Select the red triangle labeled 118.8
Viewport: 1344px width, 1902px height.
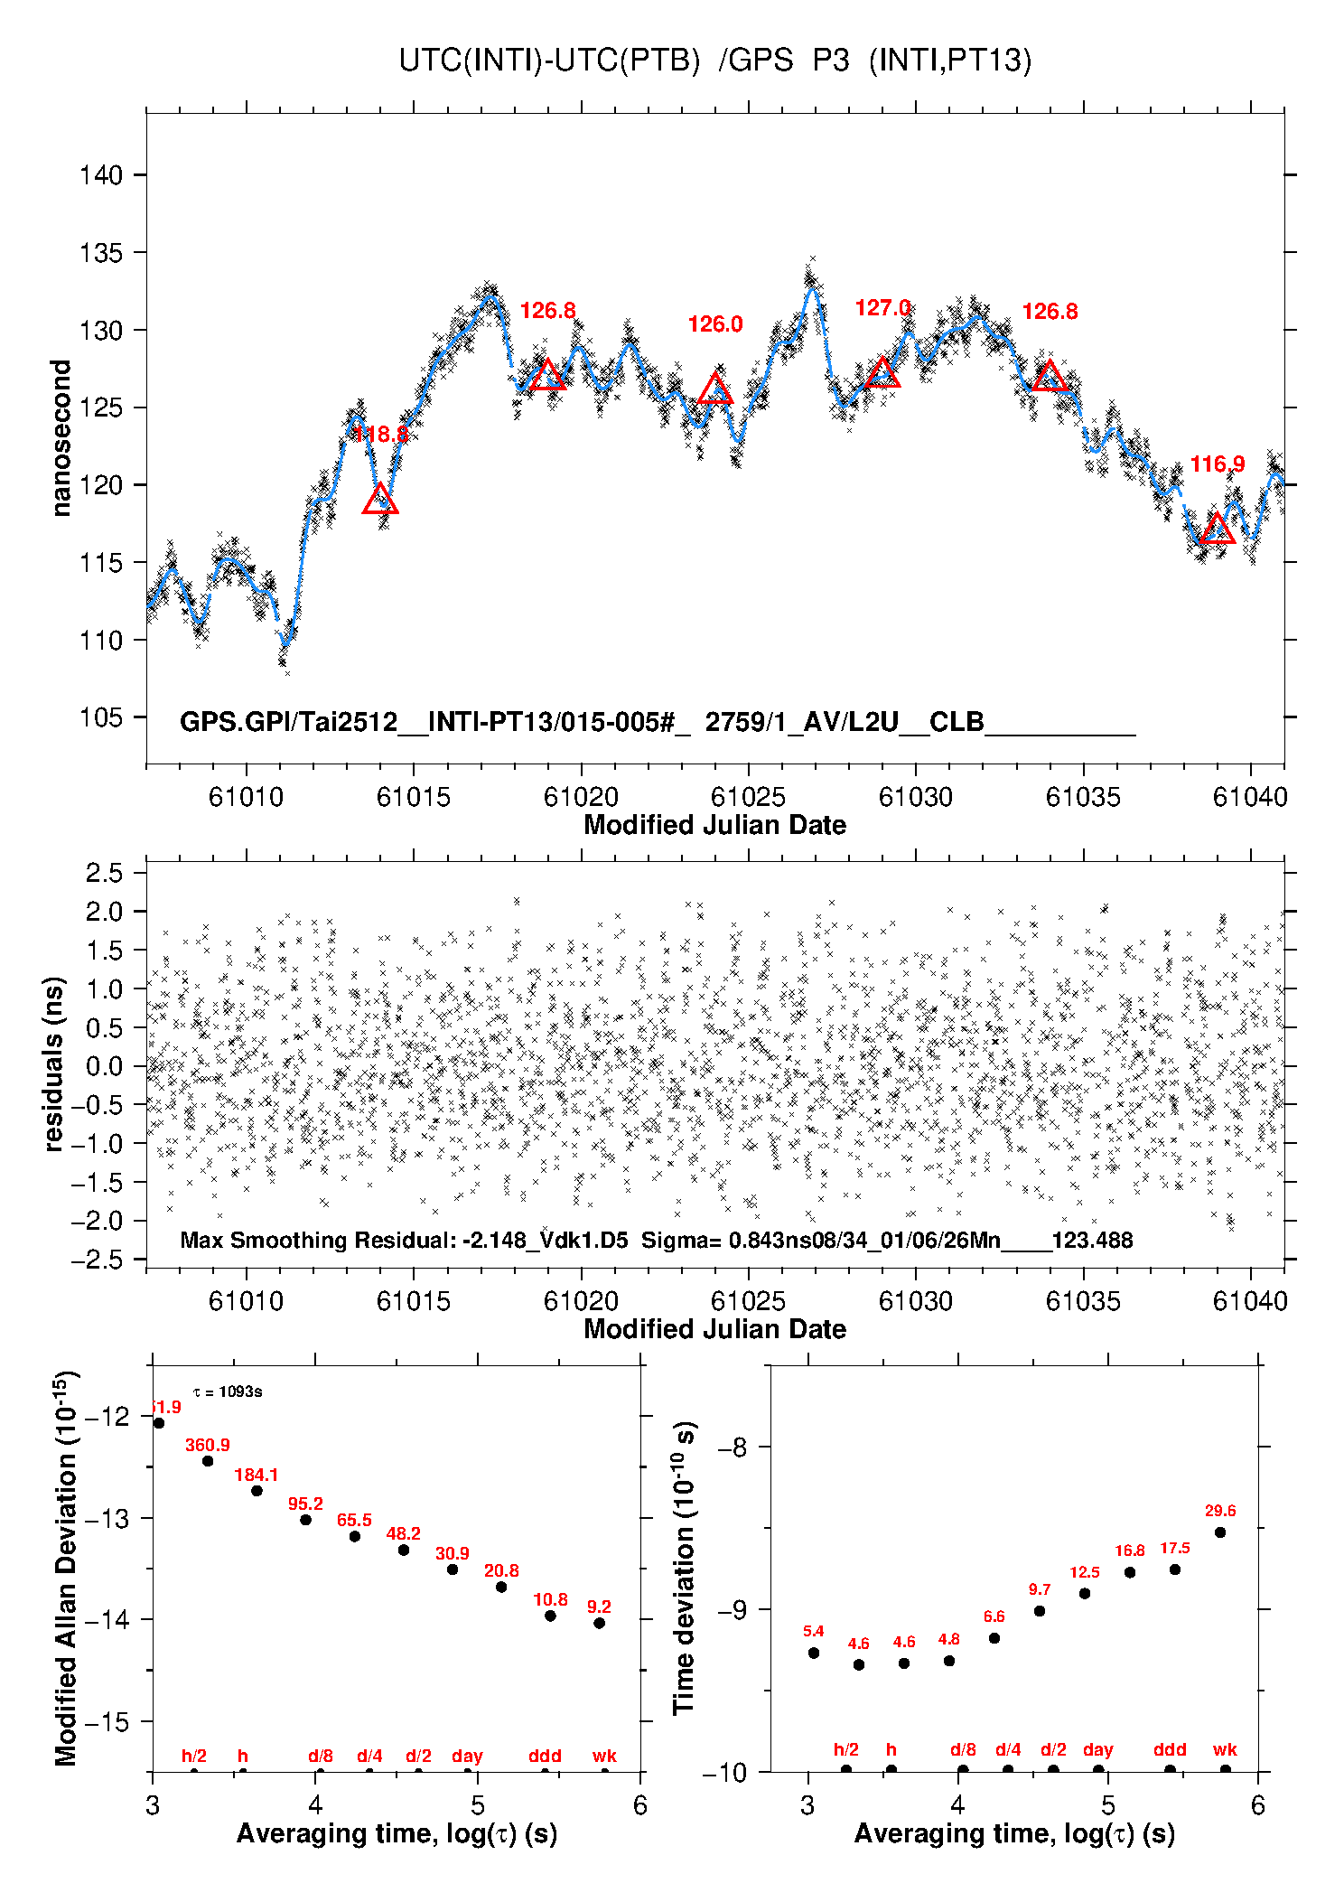point(380,500)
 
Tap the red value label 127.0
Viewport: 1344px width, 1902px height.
point(882,308)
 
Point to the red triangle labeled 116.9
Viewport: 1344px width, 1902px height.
point(1218,529)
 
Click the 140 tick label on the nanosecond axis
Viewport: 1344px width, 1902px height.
point(100,175)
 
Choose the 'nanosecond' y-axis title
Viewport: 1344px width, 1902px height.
point(61,438)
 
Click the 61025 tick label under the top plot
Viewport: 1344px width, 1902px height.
point(748,797)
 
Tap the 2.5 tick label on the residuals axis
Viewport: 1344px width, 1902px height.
point(104,874)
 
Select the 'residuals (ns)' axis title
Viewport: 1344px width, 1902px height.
point(54,1063)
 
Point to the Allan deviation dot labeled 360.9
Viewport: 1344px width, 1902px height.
point(208,1461)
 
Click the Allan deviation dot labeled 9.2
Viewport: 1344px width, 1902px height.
point(599,1623)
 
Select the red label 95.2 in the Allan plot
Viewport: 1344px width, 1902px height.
point(305,1504)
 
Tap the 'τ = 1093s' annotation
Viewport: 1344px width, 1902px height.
point(228,1391)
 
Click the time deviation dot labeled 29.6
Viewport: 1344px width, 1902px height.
point(1220,1532)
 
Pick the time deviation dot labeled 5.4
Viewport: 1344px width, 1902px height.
point(814,1653)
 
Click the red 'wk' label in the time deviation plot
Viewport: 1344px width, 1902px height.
point(1225,1749)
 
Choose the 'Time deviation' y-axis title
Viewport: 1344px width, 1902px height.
point(686,1569)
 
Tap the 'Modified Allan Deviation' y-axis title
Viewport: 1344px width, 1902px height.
point(65,1569)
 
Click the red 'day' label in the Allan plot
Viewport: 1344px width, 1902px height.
point(467,1756)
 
